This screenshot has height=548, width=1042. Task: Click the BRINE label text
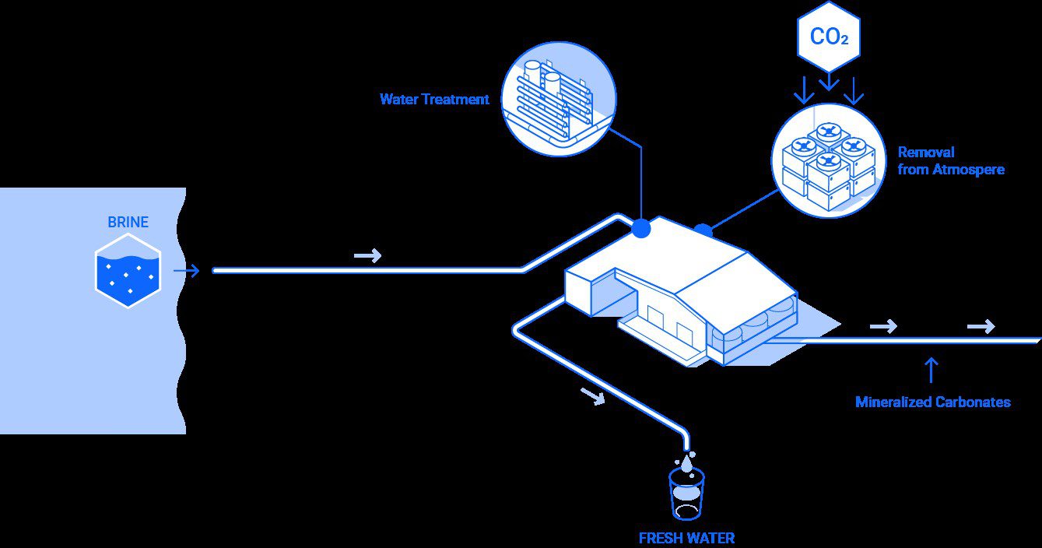(x=128, y=223)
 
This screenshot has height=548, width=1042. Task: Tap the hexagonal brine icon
(x=128, y=270)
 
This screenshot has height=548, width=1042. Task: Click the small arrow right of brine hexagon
(x=187, y=271)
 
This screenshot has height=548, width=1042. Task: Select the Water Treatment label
(x=434, y=100)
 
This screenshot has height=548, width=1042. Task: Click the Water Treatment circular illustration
(x=558, y=99)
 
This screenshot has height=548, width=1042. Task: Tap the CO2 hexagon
(x=829, y=37)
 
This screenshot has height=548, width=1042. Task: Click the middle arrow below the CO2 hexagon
(x=830, y=81)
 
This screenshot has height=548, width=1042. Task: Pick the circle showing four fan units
(x=828, y=160)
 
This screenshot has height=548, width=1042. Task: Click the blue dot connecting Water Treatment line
(x=640, y=228)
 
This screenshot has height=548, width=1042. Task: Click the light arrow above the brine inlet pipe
(x=367, y=255)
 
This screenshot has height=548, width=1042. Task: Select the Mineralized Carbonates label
(x=932, y=402)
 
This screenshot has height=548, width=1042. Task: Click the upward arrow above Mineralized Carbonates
(x=931, y=370)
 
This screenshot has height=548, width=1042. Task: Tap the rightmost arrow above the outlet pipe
(x=981, y=326)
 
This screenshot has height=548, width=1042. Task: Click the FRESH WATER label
(x=686, y=538)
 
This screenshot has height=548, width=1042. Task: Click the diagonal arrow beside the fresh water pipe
(x=593, y=397)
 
